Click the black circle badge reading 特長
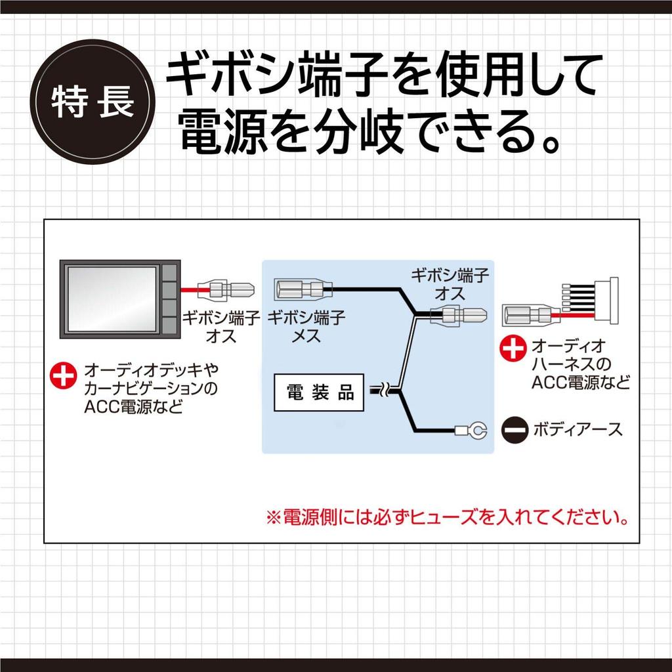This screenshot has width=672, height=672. coord(93,102)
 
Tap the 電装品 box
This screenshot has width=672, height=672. coord(319,392)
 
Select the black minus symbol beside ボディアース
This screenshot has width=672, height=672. coord(514,430)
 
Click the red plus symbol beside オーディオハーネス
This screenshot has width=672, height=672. coord(513,348)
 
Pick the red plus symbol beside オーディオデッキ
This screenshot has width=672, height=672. coord(64,376)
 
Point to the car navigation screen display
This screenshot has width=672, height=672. coord(112,299)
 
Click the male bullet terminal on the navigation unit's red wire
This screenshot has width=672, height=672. coord(226,289)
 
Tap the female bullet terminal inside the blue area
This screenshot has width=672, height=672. coord(303,289)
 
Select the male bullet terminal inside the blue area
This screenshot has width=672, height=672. coord(457,316)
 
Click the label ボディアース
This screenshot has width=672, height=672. coord(577,430)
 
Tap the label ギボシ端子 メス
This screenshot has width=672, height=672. coord(306,327)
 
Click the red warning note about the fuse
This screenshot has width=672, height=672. coord(447,518)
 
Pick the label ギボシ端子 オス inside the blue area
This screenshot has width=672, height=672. coord(450,285)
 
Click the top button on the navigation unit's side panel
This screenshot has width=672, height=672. coord(170,272)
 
